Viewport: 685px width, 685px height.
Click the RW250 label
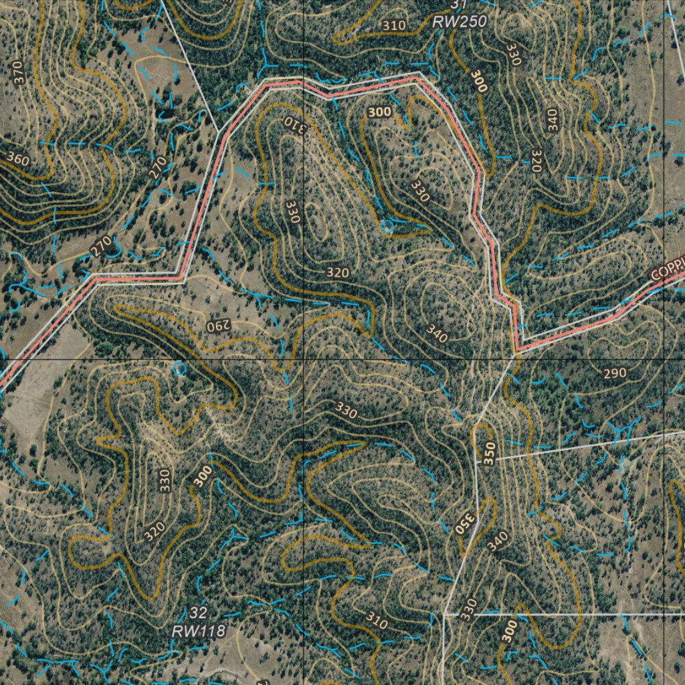click(x=460, y=21)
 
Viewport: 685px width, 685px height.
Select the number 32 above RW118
click(x=198, y=613)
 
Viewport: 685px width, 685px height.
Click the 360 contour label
click(x=18, y=160)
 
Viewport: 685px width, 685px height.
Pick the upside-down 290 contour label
click(x=217, y=326)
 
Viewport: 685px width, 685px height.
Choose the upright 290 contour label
click(x=615, y=373)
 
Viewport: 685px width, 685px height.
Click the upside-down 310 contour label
click(x=294, y=124)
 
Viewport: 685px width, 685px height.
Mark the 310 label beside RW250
click(x=394, y=25)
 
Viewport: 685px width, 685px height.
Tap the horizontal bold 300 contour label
click(x=379, y=112)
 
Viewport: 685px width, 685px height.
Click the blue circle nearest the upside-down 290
click(x=179, y=368)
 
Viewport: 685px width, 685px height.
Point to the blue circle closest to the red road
click(x=386, y=227)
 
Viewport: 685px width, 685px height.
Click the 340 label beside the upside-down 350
click(x=498, y=540)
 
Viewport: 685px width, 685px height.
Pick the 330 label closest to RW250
click(x=514, y=54)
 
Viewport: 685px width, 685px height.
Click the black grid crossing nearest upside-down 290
click(x=303, y=359)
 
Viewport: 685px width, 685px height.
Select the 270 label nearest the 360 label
click(x=157, y=167)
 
